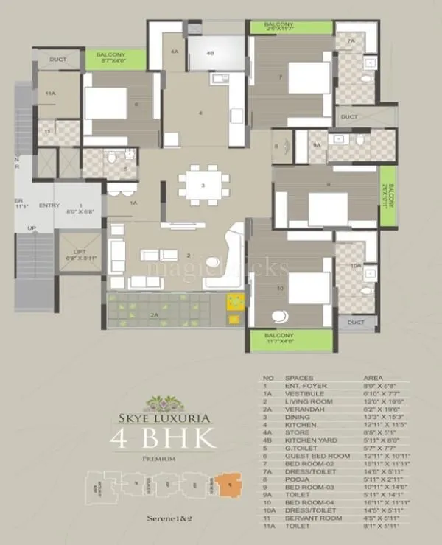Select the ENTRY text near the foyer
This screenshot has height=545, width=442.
(x=49, y=205)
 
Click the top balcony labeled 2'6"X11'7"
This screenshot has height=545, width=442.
(x=279, y=27)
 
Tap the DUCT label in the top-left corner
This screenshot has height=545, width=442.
(x=58, y=60)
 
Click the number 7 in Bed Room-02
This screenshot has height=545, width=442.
(x=281, y=77)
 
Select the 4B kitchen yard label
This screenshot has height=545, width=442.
(x=210, y=53)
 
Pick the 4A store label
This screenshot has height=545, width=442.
(x=175, y=52)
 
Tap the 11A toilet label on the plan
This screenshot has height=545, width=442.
(x=50, y=94)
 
